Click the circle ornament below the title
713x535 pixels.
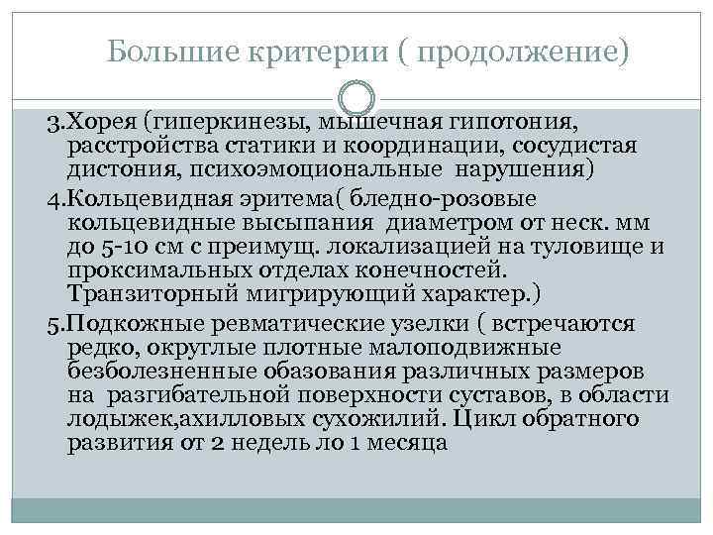356,100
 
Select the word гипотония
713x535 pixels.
515,122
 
